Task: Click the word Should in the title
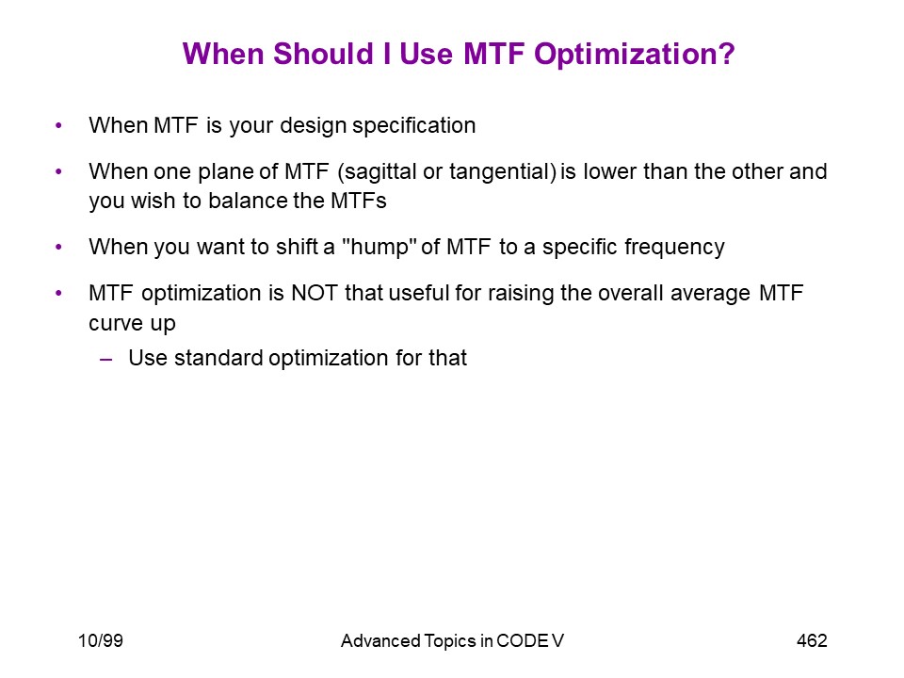323,55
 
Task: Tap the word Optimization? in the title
634,56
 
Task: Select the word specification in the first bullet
414,126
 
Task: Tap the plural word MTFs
359,201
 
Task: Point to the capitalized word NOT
315,294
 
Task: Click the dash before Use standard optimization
105,360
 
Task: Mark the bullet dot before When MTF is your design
58,125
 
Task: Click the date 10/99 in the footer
101,640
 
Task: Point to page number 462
812,640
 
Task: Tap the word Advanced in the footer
380,640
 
